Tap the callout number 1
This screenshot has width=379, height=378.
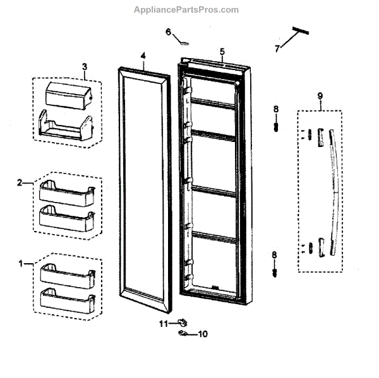(x=22, y=261)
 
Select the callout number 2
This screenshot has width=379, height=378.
(x=20, y=182)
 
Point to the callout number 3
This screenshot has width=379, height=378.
(x=85, y=66)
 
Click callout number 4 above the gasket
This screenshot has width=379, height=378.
(x=143, y=56)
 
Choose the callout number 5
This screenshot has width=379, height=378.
(x=222, y=50)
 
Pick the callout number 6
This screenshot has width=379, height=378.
(x=168, y=32)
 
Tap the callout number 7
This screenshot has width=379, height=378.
(x=276, y=47)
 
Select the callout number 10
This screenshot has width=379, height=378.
(x=203, y=334)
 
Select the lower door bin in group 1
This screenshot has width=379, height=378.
(x=66, y=298)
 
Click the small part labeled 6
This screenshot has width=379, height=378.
(x=184, y=43)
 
